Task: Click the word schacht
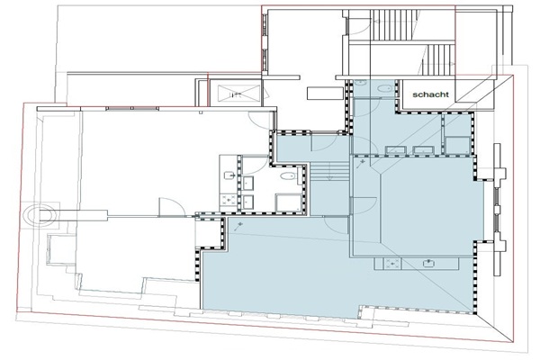point(430,94)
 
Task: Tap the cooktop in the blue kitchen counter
point(392,265)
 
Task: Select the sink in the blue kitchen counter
point(428,264)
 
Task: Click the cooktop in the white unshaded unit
point(228,201)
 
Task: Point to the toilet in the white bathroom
point(288,176)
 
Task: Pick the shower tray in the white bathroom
point(289,202)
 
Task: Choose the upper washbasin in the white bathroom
point(248,183)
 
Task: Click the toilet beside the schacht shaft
point(384,88)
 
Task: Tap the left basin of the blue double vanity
point(396,150)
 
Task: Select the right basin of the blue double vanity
point(424,150)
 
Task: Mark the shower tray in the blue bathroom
point(457,145)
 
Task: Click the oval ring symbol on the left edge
point(40,215)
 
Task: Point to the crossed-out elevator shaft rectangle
point(239,93)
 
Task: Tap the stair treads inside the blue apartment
point(330,172)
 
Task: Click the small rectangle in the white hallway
point(325,94)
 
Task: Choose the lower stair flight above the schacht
point(440,59)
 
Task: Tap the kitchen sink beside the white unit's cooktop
point(229,175)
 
